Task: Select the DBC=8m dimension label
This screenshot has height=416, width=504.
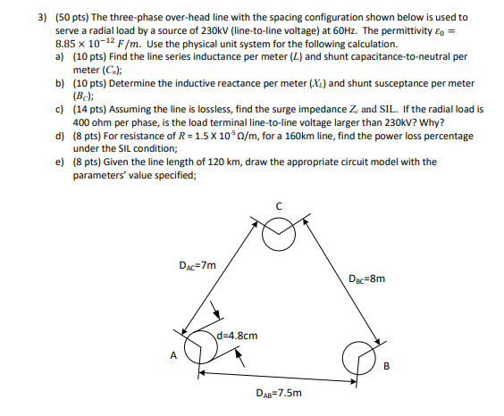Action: (x=368, y=278)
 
